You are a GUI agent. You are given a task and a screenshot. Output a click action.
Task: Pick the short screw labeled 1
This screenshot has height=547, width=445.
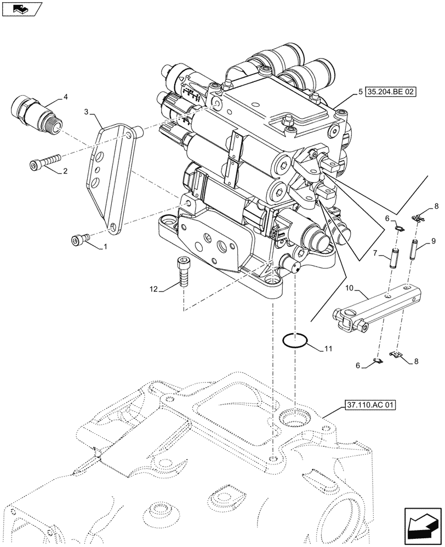pos(79,239)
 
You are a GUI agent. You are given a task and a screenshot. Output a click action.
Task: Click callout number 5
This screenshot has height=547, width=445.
pos(360,92)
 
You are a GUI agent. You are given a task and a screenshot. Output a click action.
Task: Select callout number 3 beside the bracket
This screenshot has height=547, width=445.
pos(87,112)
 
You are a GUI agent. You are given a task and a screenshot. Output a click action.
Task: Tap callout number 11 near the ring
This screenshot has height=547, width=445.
pos(327,348)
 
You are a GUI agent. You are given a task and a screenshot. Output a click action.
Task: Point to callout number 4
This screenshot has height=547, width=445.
pos(66,97)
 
